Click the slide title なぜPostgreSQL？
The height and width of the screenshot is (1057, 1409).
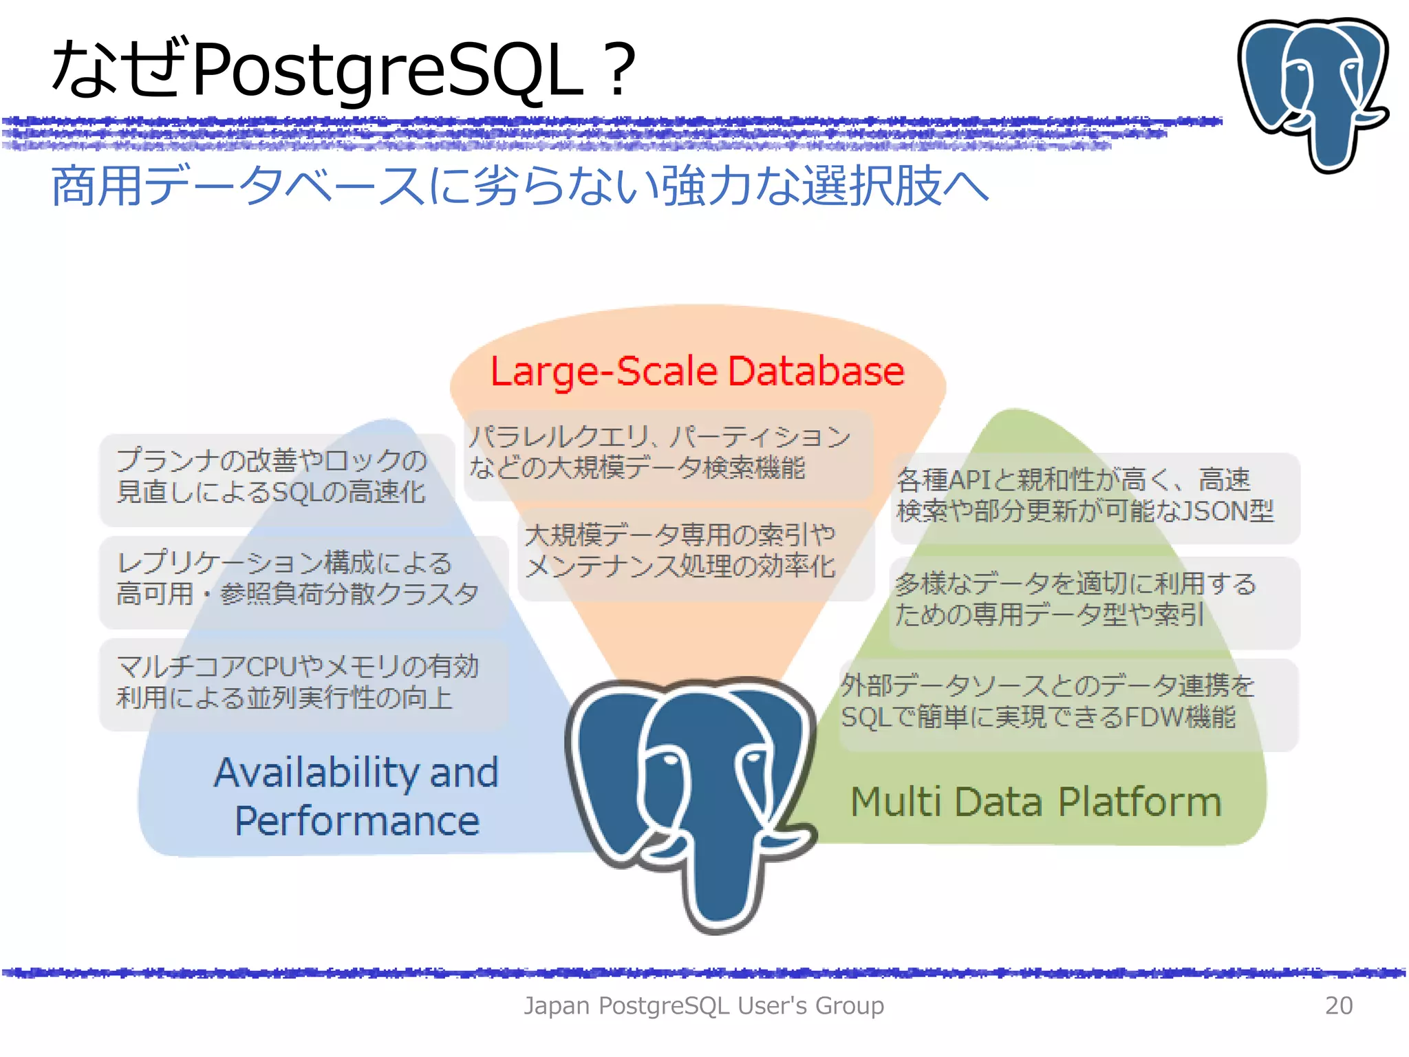[x=344, y=69]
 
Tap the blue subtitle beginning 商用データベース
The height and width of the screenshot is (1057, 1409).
[x=519, y=186]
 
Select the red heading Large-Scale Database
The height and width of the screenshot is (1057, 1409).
[x=697, y=372]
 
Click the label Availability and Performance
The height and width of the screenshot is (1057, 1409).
[x=356, y=796]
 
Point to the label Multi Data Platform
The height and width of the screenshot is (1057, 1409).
[x=1036, y=802]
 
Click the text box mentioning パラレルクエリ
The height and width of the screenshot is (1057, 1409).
[x=667, y=453]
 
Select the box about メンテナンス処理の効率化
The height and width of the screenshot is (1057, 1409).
[x=695, y=552]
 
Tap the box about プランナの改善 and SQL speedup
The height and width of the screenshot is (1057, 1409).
[x=275, y=478]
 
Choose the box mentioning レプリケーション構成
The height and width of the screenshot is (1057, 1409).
[x=303, y=579]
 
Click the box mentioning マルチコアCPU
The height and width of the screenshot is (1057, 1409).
[x=303, y=683]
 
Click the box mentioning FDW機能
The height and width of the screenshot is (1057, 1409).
[x=1066, y=702]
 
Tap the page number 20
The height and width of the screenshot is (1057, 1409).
[x=1338, y=1005]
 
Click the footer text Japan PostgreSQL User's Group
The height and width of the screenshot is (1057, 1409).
[x=703, y=1005]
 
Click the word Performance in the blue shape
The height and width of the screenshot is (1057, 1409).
[x=356, y=822]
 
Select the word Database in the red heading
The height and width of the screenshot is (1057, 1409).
[x=816, y=372]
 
